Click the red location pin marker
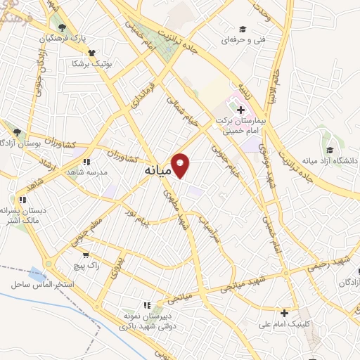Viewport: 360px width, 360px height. coord(181,165)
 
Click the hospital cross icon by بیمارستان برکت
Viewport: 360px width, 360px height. coord(241,110)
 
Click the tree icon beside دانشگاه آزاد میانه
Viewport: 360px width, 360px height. coord(329,148)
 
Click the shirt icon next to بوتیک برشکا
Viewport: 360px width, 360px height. coord(91,52)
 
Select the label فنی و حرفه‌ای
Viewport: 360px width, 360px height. coord(243,41)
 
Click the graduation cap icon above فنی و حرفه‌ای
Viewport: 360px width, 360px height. coord(243,30)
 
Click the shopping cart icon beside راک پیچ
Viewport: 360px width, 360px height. coord(86,256)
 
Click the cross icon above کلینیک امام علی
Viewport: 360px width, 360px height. coord(284,313)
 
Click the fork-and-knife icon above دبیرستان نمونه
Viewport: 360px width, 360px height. coord(147,305)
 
